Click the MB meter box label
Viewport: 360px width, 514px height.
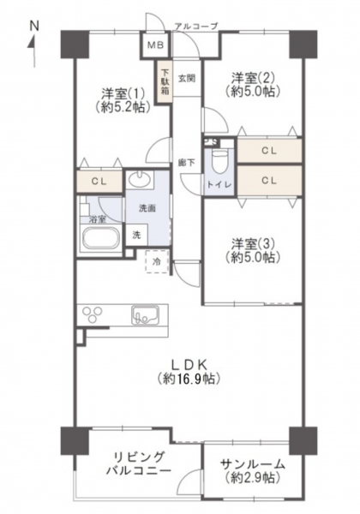click(x=155, y=45)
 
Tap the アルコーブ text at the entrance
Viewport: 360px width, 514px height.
click(x=196, y=27)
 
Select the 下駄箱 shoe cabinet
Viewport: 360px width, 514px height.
click(x=165, y=82)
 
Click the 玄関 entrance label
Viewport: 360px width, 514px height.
click(x=187, y=78)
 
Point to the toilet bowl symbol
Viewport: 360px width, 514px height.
click(x=219, y=161)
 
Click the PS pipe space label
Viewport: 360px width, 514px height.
click(x=211, y=142)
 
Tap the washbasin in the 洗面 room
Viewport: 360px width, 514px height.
click(x=140, y=179)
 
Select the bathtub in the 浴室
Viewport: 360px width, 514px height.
click(x=100, y=238)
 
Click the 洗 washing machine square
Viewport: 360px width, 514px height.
click(x=137, y=235)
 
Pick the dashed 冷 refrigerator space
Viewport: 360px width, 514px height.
click(x=157, y=261)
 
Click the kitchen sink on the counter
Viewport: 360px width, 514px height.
click(x=145, y=315)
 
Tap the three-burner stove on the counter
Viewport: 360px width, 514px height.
click(x=93, y=314)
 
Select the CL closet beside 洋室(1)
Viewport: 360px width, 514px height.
click(x=99, y=182)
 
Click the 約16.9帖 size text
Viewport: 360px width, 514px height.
click(x=188, y=379)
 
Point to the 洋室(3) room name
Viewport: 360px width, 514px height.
click(x=253, y=244)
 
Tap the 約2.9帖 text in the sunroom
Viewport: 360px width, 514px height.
click(x=253, y=478)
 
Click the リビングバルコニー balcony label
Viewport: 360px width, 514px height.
click(x=139, y=463)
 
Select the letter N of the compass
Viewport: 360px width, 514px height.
click(x=34, y=26)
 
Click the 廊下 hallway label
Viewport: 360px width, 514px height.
click(x=187, y=163)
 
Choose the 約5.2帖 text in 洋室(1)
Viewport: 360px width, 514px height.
click(x=123, y=107)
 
